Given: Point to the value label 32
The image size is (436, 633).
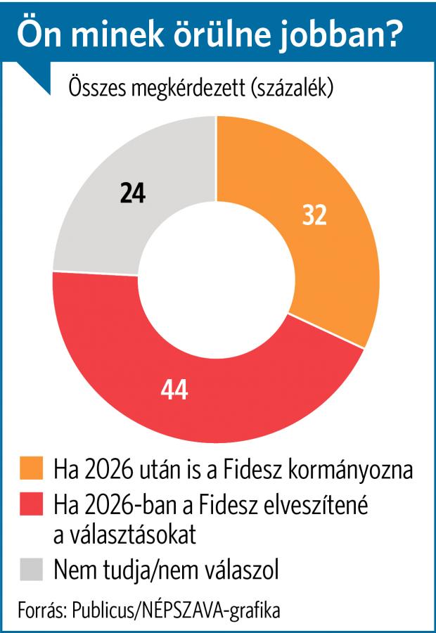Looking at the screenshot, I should pyautogui.click(x=314, y=216).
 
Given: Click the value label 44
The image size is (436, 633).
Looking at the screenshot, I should pyautogui.click(x=174, y=390).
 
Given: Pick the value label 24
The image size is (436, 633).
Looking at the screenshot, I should pyautogui.click(x=132, y=193).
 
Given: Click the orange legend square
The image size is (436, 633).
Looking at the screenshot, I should pyautogui.click(x=32, y=468).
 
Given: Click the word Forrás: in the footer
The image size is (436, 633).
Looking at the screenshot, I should pyautogui.click(x=40, y=610).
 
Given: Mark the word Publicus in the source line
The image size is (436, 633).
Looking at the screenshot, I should pyautogui.click(x=103, y=610).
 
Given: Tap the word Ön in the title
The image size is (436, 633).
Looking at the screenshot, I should pyautogui.click(x=35, y=35).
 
